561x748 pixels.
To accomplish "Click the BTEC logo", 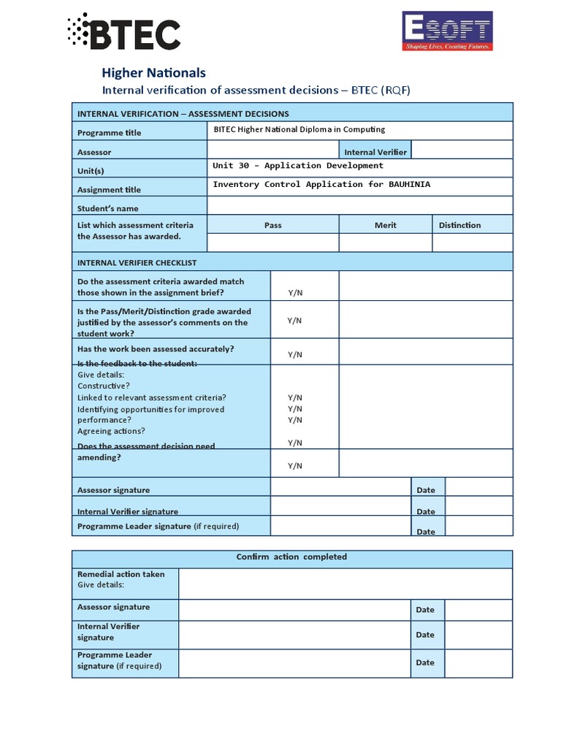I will pos(124,33).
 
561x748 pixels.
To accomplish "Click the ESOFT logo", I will pos(447,31).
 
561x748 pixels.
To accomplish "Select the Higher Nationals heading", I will pos(153,72).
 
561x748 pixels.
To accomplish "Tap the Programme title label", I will pos(110,133).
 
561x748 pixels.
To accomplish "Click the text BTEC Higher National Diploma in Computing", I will pos(299,129).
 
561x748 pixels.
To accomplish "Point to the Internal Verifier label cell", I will pos(375,152).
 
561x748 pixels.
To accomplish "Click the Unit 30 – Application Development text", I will pos(297,166).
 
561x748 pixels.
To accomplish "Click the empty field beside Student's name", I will pos(359,206).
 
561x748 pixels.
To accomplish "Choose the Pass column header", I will pos(272,225).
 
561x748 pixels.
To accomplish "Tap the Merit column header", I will pos(385,225).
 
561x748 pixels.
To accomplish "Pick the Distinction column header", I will pos(459,225).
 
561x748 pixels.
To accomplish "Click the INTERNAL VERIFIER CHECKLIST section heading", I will pos(137,262).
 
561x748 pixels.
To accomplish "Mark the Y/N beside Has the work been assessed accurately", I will pos(294,355).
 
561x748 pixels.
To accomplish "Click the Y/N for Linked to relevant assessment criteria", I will pos(294,398).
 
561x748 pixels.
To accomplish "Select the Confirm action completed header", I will pos(291,557).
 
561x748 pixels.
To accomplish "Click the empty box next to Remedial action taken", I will pos(345,584).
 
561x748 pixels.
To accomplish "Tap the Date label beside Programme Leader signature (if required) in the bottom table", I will pos(425,663).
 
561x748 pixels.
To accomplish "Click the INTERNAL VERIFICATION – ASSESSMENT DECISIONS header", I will pos(183,113).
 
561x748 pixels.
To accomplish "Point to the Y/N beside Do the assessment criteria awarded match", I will pos(294,293).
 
